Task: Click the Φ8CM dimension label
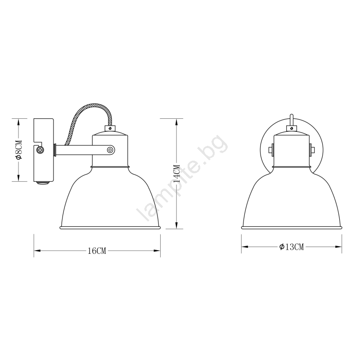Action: point(18,150)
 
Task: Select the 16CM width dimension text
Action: point(97,251)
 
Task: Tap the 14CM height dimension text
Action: point(177,173)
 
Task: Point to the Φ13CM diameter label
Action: point(292,247)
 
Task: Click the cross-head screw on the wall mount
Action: point(40,150)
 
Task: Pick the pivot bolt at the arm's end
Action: point(110,150)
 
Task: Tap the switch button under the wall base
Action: point(43,183)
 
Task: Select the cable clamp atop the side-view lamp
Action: point(110,128)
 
